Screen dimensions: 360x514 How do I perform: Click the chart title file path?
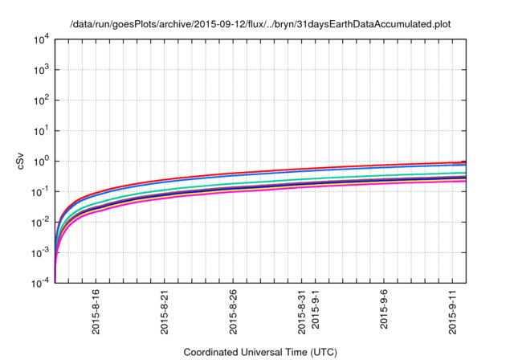pyautogui.click(x=260, y=24)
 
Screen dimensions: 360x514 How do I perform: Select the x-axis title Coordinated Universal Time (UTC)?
pyautogui.click(x=260, y=352)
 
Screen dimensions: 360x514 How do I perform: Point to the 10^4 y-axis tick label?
pyautogui.click(x=40, y=39)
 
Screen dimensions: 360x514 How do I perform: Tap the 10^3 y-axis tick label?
pyautogui.click(x=40, y=70)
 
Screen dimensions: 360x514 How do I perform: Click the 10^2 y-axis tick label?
pyautogui.click(x=40, y=100)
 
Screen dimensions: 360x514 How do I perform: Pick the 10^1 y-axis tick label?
pyautogui.click(x=40, y=130)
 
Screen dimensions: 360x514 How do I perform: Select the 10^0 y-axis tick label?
pyautogui.click(x=40, y=161)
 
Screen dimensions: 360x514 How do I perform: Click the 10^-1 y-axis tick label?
pyautogui.click(x=40, y=191)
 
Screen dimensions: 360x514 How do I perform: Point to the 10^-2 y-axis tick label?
pyautogui.click(x=40, y=222)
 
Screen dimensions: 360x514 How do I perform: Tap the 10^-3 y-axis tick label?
pyautogui.click(x=40, y=252)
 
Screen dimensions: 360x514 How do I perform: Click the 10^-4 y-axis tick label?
pyautogui.click(x=40, y=283)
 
